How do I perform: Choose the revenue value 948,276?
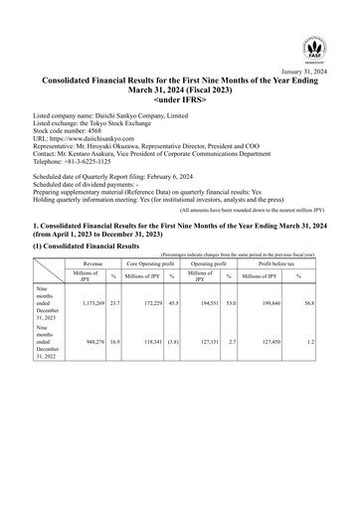coord(91,349)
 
